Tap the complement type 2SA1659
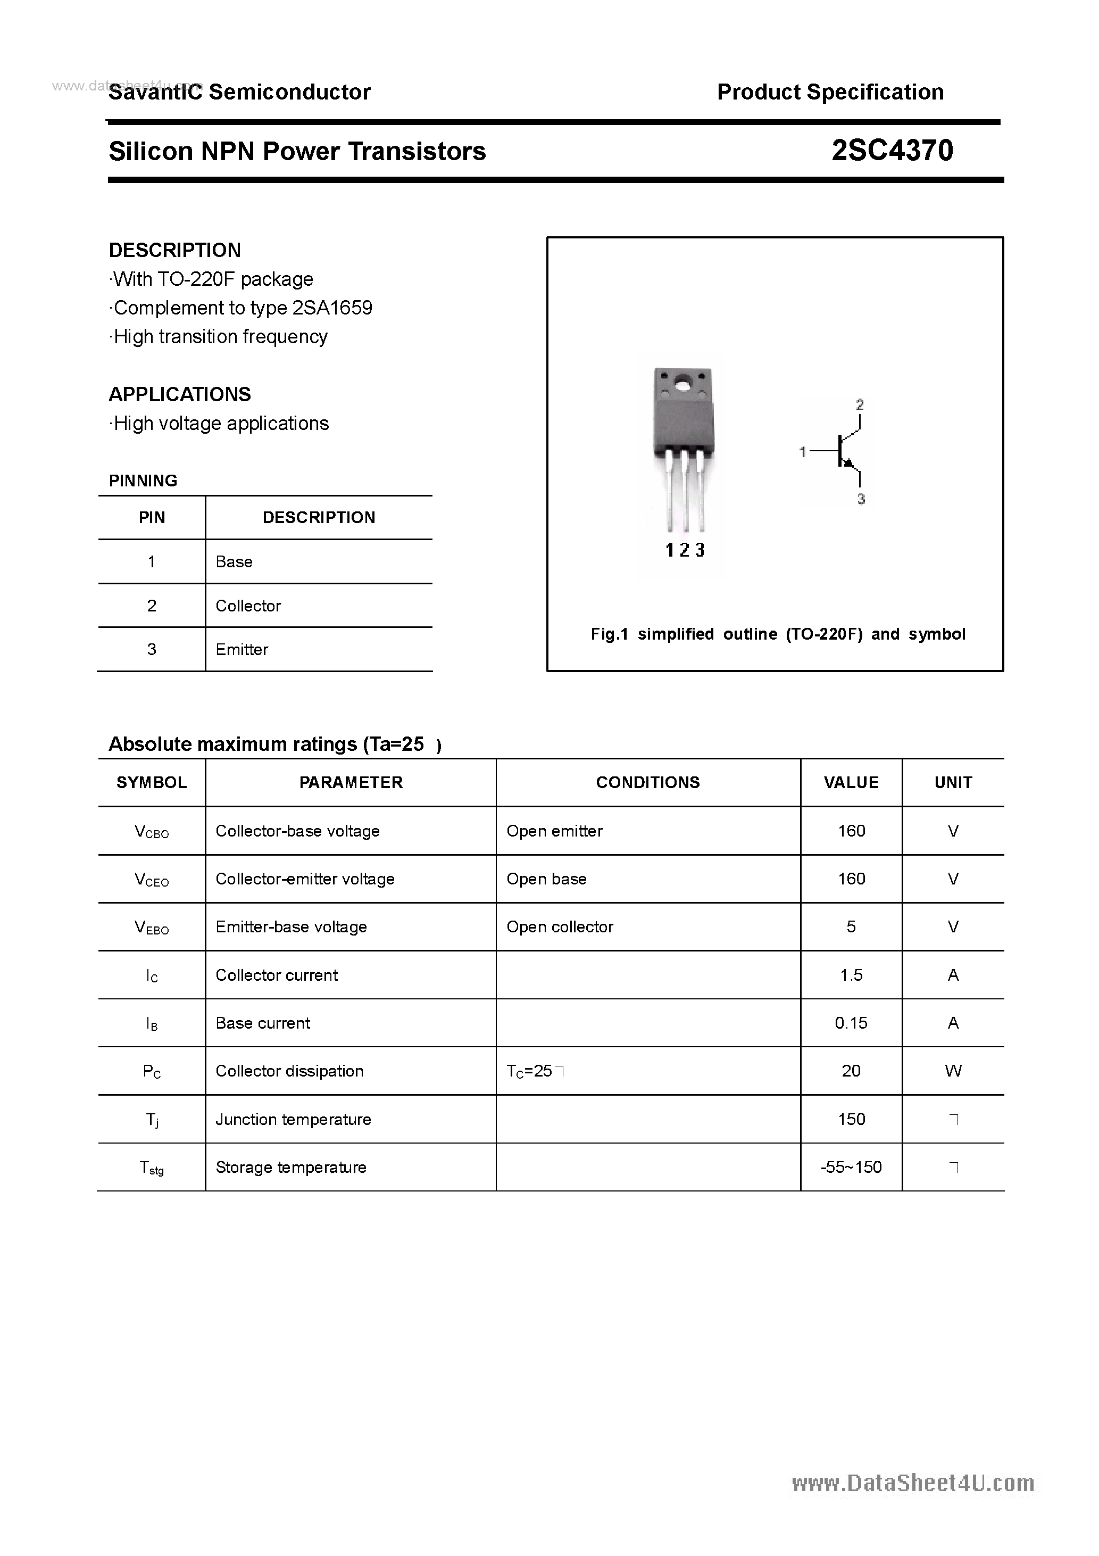pos(332,308)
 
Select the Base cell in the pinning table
pos(234,562)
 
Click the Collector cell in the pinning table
pos(248,606)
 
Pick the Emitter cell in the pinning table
pos(242,649)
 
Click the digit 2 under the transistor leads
pos(684,550)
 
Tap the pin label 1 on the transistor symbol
pos(803,451)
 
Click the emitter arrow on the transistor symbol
pos(849,463)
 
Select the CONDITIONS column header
pos(648,782)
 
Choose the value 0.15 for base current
pos(851,1023)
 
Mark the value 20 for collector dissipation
pos(851,1071)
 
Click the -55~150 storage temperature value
pos(851,1167)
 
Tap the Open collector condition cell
pos(560,926)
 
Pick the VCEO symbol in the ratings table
pos(152,880)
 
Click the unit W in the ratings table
pos(953,1071)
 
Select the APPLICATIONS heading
pos(180,394)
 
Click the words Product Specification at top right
pos(830,92)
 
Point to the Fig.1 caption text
pos(778,634)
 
